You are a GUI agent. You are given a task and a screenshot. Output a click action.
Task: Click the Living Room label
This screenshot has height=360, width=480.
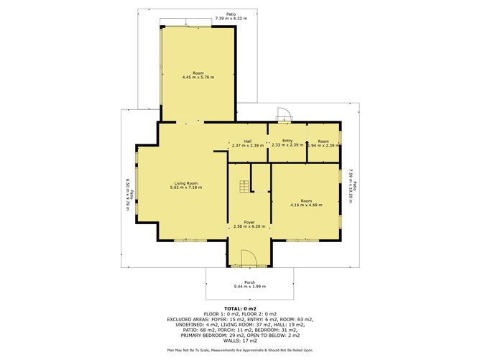185,183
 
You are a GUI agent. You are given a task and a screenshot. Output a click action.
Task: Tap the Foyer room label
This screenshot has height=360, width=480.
249,222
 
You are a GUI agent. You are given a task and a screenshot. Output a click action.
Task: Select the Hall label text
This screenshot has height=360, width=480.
247,141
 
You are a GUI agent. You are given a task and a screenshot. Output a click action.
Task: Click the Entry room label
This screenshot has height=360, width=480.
287,141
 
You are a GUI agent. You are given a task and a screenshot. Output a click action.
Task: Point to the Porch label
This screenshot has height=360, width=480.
249,282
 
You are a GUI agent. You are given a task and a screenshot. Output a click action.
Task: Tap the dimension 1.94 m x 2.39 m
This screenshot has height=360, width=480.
323,145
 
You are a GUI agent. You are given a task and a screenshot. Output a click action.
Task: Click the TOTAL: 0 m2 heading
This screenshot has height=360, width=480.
240,308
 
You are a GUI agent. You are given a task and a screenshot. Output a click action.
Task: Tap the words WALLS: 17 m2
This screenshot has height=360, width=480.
240,341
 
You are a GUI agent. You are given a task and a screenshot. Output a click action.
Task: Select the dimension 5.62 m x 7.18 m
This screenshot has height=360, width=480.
185,188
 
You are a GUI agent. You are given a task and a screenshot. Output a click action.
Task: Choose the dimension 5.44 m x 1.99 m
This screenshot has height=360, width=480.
249,287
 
